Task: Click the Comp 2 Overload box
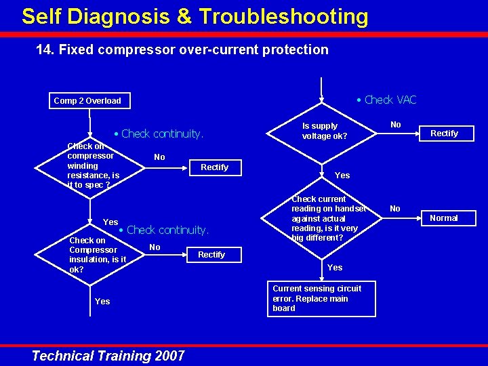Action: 87,101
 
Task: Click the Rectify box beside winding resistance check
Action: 214,167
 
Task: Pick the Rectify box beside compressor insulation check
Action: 211,255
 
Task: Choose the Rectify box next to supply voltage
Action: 444,134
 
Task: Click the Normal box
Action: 444,218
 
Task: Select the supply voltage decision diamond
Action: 321,131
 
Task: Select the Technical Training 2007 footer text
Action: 108,356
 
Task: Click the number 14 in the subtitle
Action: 43,49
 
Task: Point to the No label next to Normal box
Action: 395,209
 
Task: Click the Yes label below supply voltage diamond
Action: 343,176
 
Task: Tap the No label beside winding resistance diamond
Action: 159,157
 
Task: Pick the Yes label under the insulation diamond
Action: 102,302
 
